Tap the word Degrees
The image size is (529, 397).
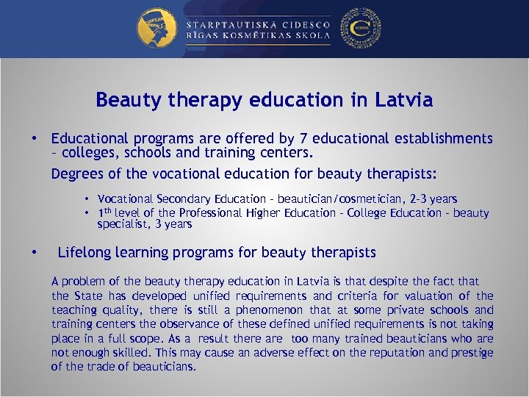[x=75, y=174]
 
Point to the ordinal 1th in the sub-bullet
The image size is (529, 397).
[x=108, y=212]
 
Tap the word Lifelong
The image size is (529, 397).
[x=82, y=253]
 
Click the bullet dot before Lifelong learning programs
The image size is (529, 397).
[x=34, y=253]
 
